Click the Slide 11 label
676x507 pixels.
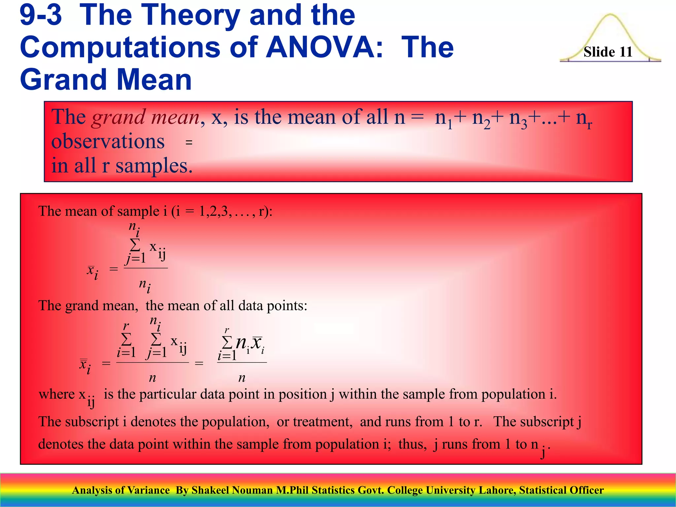coord(608,52)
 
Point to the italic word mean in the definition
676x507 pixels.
coord(175,117)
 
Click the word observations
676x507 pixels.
coord(108,141)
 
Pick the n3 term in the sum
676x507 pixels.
coord(518,118)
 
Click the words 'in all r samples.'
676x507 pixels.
coord(122,166)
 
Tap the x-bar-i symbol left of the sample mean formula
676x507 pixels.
coord(92,271)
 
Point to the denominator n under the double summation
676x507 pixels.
coord(152,378)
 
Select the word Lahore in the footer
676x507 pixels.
coord(497,490)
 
